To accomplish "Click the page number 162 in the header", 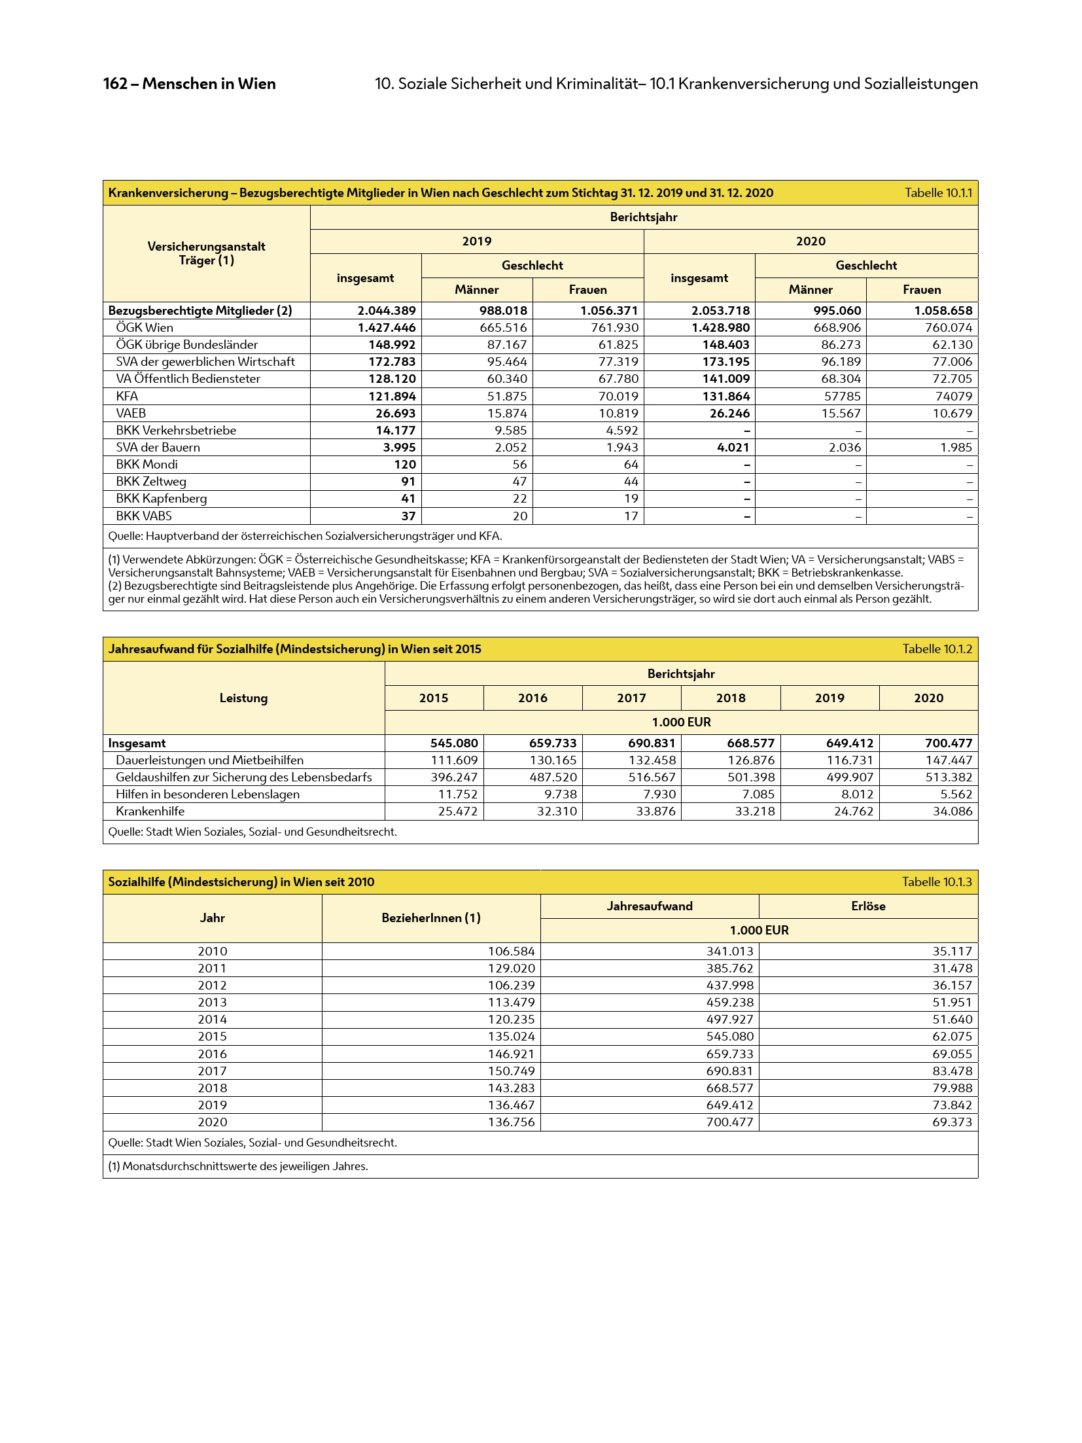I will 114,84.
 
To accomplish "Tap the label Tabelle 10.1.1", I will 938,193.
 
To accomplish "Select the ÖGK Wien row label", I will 144,328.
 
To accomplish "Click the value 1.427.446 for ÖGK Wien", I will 387,328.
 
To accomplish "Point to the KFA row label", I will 127,396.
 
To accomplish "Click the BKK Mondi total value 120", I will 405,464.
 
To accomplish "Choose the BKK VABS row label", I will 144,516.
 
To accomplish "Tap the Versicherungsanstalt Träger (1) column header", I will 206,253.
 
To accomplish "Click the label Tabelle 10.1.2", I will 937,649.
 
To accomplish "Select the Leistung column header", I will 243,698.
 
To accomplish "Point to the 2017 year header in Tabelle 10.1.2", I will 631,698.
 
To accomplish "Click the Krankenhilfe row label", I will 150,811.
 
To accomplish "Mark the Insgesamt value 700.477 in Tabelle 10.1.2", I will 948,743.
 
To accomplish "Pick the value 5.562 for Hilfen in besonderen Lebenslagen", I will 955,794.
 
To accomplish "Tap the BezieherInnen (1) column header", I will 431,918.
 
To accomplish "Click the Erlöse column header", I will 868,906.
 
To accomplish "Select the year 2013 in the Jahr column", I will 213,1002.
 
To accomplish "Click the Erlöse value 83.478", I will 952,1071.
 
